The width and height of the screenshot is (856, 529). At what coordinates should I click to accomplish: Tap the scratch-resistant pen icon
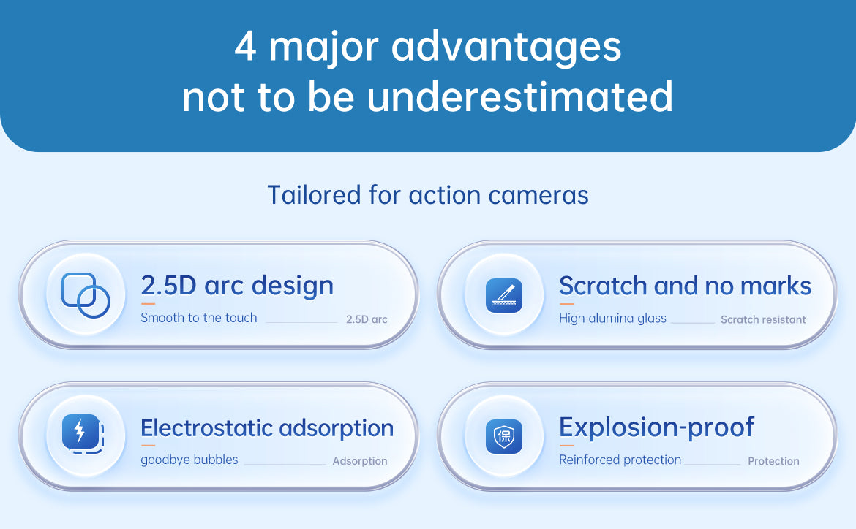[504, 295]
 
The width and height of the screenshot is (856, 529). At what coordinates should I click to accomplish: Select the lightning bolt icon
[83, 434]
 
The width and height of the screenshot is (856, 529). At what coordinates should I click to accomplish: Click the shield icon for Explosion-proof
[504, 436]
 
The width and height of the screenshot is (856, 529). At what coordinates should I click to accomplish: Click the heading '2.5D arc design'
[237, 285]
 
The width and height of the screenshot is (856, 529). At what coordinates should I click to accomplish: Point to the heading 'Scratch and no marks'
[685, 286]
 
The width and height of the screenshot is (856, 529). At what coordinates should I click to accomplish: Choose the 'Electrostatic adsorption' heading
[267, 427]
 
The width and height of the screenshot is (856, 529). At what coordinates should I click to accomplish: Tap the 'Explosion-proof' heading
[656, 427]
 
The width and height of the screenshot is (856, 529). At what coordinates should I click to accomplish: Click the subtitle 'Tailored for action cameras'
[428, 195]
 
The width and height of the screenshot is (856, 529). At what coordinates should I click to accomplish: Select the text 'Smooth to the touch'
[199, 318]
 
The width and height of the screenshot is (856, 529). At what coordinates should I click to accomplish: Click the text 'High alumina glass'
[612, 319]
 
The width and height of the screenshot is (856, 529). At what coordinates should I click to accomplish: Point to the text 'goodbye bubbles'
[189, 460]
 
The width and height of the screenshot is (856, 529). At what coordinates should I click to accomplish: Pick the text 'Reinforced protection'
[620, 460]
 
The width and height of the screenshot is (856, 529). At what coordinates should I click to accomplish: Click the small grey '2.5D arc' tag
[367, 319]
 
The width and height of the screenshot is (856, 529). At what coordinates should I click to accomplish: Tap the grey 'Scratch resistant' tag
[763, 319]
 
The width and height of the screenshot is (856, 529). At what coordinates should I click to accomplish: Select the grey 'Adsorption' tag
[360, 461]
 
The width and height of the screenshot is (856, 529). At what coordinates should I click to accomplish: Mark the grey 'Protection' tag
[773, 461]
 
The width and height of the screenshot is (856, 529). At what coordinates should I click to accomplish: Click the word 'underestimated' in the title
[519, 96]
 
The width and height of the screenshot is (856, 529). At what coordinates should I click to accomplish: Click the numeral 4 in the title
[245, 47]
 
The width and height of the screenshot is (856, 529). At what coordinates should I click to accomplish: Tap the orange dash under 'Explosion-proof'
[566, 446]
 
